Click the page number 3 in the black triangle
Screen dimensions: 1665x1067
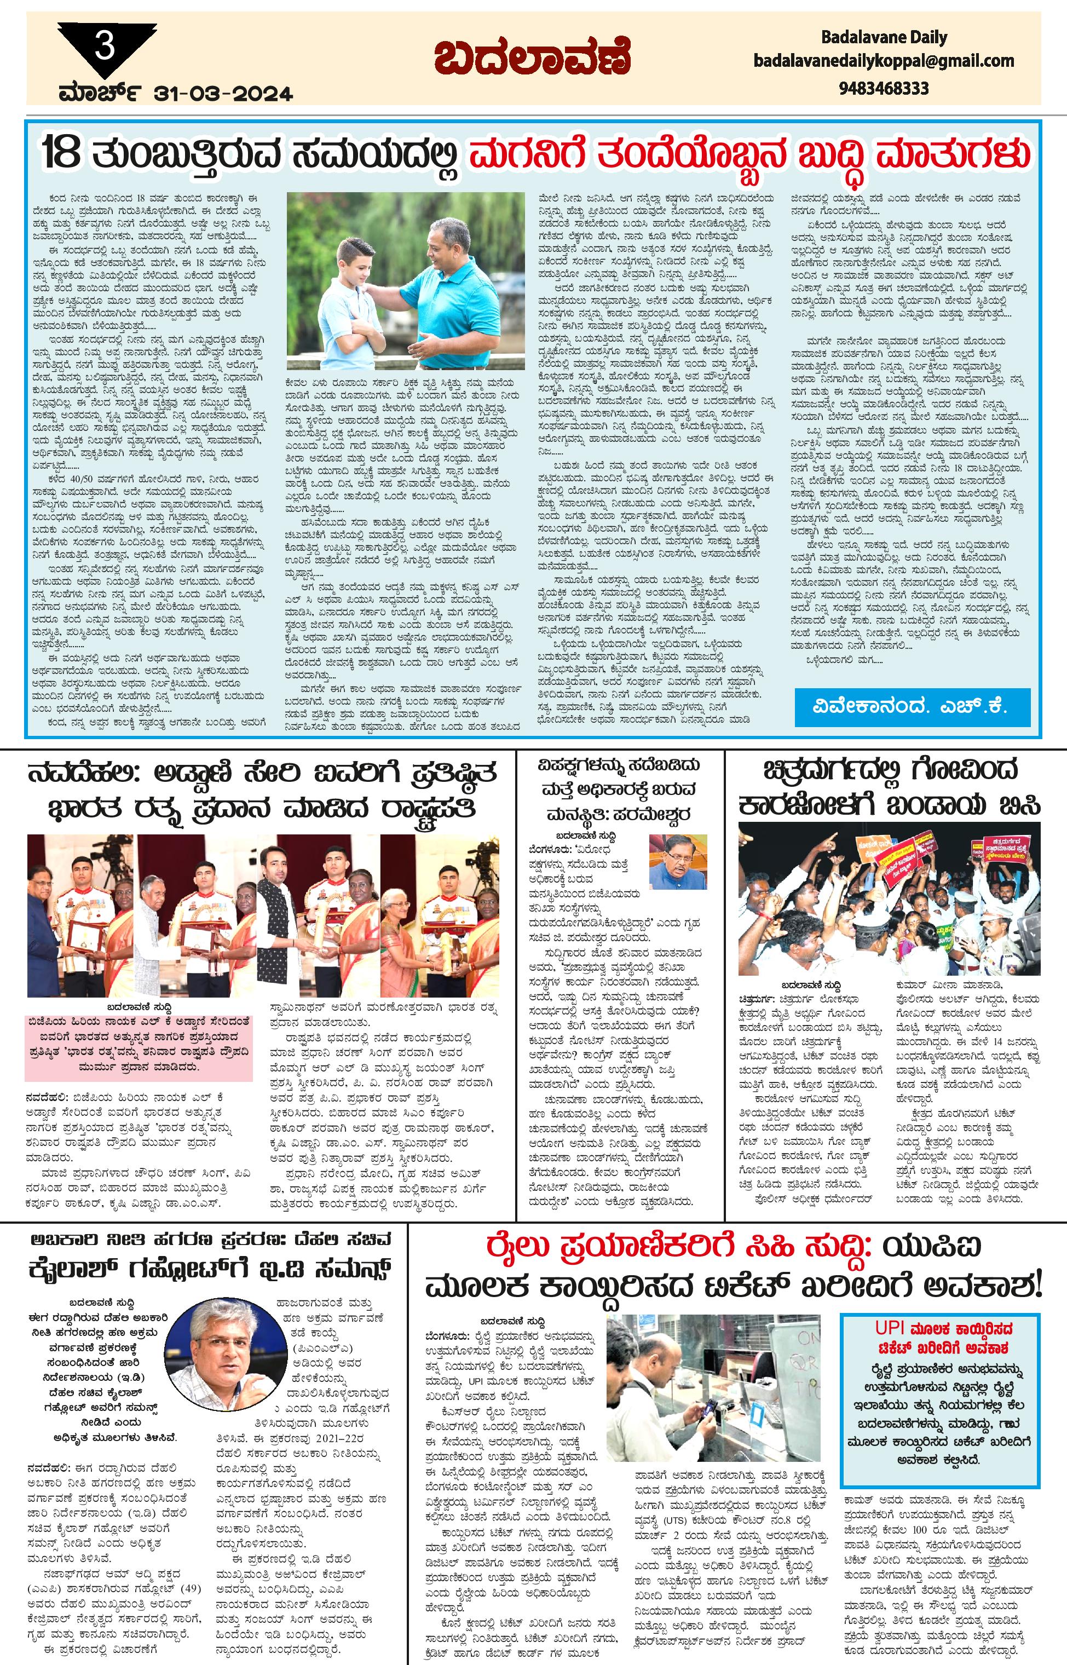[105, 47]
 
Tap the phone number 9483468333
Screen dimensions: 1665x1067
[884, 89]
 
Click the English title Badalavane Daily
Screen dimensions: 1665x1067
[884, 37]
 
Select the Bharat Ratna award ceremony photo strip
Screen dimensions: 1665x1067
[263, 915]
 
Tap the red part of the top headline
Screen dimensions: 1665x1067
[748, 153]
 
